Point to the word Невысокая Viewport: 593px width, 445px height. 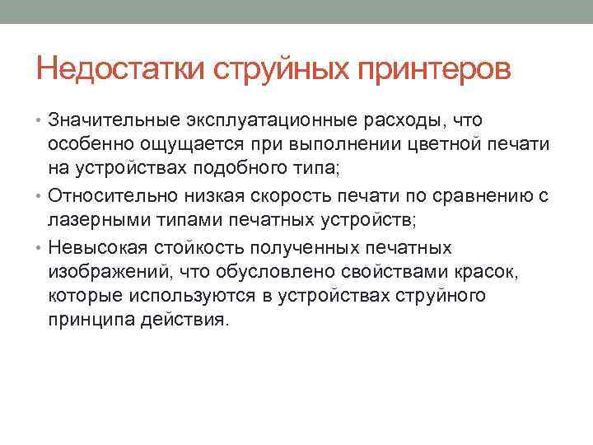tap(93, 248)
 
